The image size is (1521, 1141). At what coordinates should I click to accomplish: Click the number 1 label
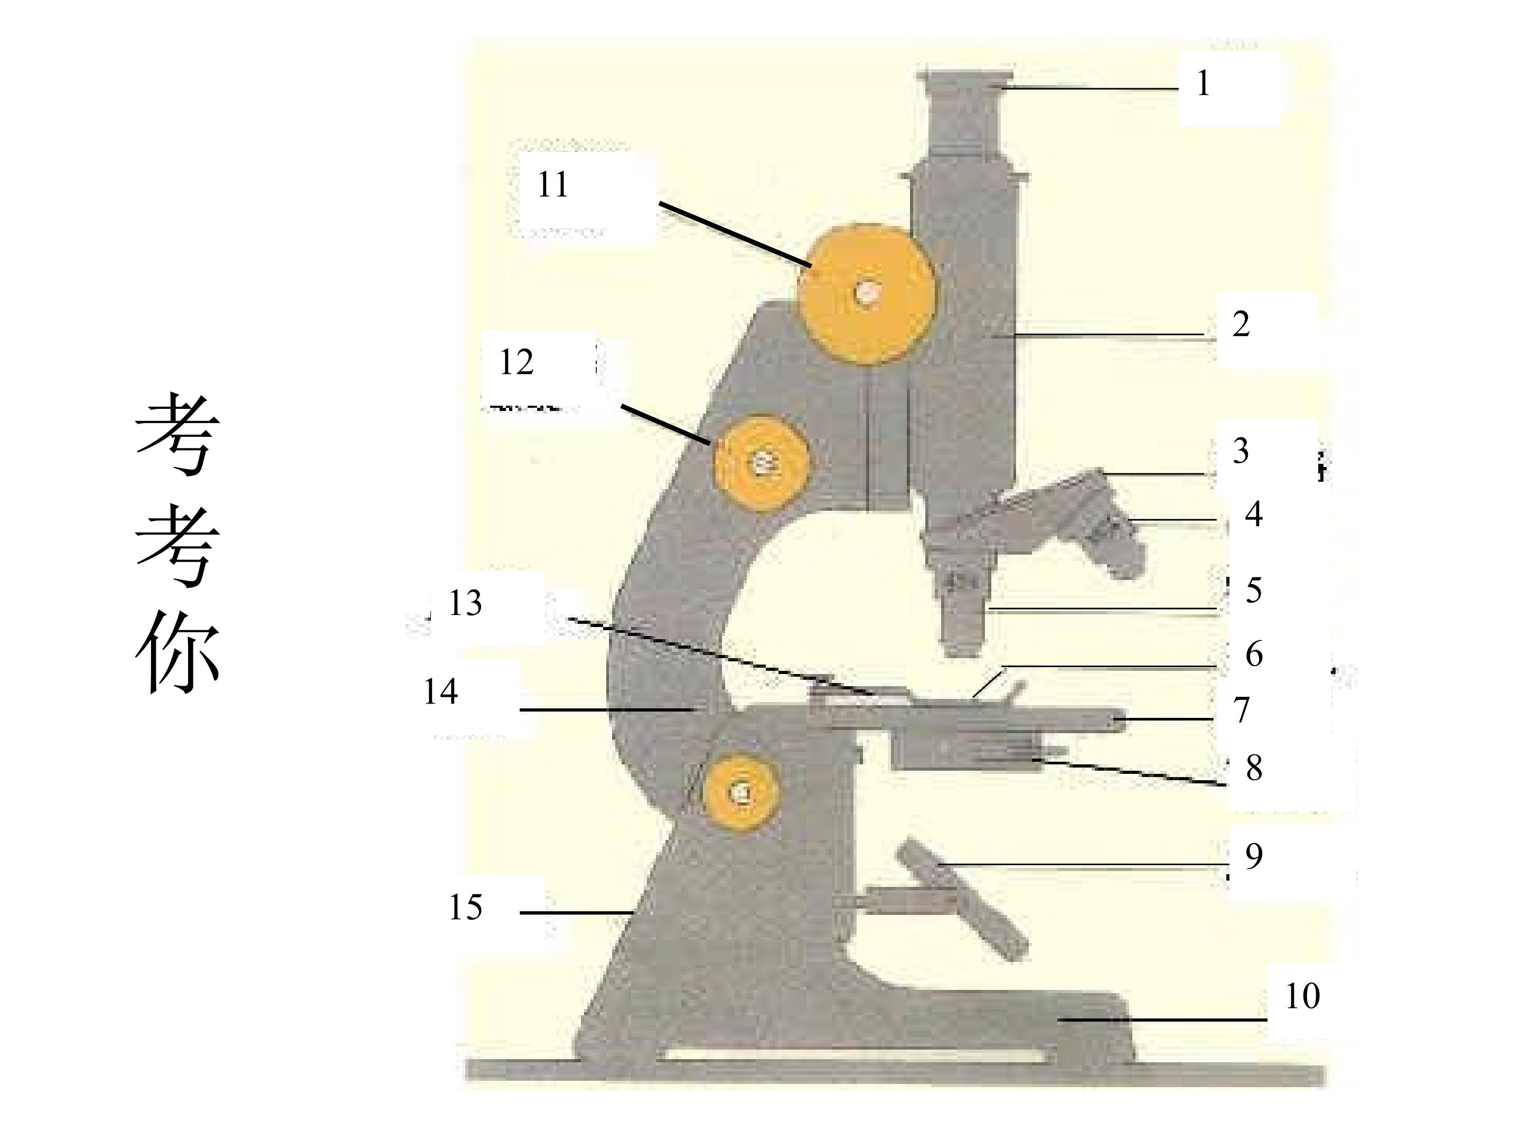click(x=1203, y=83)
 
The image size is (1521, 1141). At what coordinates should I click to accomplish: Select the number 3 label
click(x=1241, y=451)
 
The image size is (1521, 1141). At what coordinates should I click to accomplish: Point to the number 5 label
click(x=1254, y=590)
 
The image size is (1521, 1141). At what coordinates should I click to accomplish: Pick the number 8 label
click(x=1254, y=768)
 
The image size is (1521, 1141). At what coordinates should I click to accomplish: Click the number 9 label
click(x=1254, y=856)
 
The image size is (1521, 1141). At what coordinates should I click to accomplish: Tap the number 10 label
click(x=1303, y=996)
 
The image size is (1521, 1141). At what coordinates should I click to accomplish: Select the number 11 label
click(x=553, y=184)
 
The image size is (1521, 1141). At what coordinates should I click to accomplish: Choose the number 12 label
click(x=517, y=362)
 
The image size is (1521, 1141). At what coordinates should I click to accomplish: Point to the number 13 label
click(x=465, y=603)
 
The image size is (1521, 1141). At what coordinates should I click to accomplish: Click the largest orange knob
click(x=867, y=294)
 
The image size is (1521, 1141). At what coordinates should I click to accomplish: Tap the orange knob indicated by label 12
click(x=761, y=464)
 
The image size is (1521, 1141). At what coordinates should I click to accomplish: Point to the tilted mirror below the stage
click(x=963, y=897)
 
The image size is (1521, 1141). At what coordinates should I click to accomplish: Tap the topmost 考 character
click(x=177, y=435)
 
